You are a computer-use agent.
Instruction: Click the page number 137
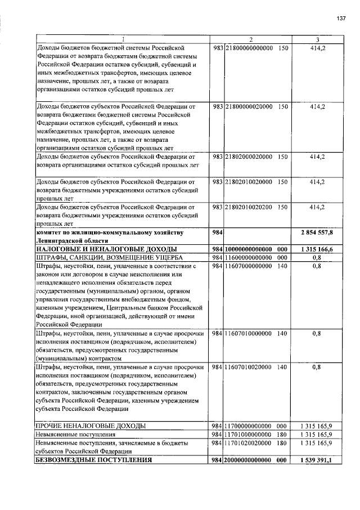(x=341, y=19)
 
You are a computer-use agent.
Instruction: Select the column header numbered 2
(x=251, y=39)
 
